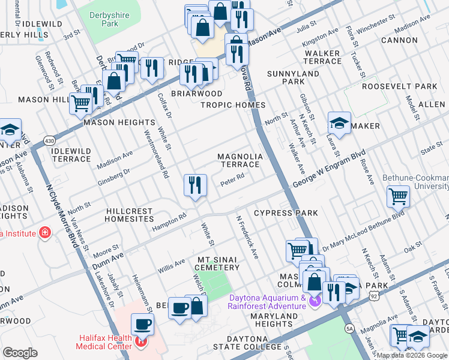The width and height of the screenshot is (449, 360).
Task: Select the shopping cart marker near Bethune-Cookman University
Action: [398, 196]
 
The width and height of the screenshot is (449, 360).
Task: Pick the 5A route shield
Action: [349, 328]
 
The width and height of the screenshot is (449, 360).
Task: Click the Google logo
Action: [20, 353]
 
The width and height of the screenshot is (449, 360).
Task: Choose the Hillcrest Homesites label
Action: [130, 215]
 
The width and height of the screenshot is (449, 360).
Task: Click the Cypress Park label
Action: [286, 213]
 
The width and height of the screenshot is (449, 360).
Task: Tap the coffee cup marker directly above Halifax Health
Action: [142, 325]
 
